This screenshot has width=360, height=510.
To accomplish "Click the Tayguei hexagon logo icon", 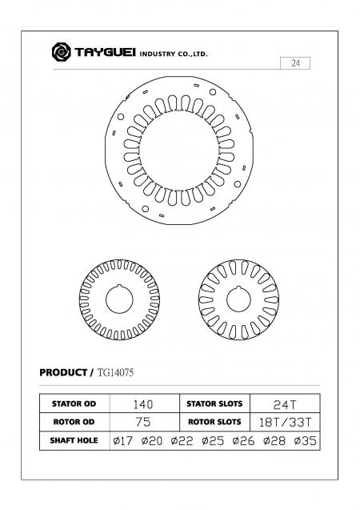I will coord(61,53).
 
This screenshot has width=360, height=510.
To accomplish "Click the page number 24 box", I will coord(295,63).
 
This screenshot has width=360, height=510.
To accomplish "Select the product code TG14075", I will coord(116,373).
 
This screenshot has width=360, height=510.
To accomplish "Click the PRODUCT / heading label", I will coord(66,373).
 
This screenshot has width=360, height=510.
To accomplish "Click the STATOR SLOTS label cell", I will coord(213,404).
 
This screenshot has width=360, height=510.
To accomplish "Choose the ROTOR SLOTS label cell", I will coord(213,422).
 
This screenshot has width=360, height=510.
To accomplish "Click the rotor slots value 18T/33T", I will coord(286,422).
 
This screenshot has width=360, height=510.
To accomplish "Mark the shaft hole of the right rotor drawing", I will coord(238,300).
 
